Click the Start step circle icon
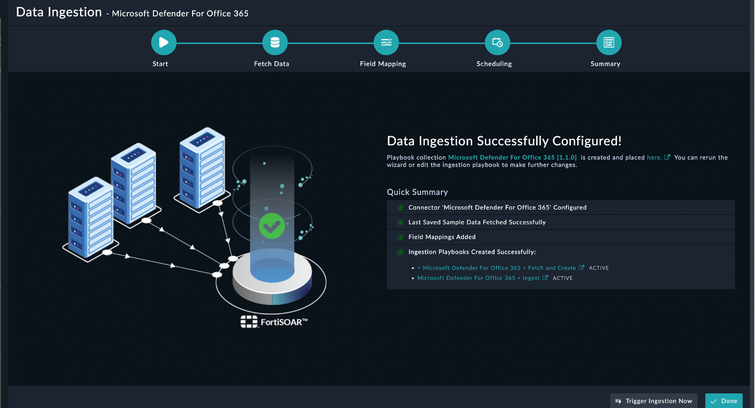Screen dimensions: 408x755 click(x=164, y=43)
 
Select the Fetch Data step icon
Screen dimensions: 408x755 click(x=275, y=43)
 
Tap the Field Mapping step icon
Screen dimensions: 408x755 click(x=386, y=43)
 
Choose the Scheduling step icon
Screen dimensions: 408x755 click(x=497, y=43)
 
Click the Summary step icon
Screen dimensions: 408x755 click(x=608, y=43)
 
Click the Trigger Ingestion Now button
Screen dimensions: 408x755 click(x=654, y=401)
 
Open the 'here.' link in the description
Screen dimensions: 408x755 click(x=654, y=157)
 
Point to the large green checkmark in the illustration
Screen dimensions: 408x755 click(x=272, y=225)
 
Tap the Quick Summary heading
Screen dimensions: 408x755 click(x=417, y=192)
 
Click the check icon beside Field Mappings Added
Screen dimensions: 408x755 click(x=400, y=237)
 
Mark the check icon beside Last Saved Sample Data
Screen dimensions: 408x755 click(x=400, y=223)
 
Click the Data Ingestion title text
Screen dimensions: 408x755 click(x=59, y=12)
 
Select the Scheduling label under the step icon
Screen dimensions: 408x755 click(x=494, y=64)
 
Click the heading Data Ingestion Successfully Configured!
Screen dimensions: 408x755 click(x=504, y=141)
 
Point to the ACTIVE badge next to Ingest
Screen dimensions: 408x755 click(x=562, y=278)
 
